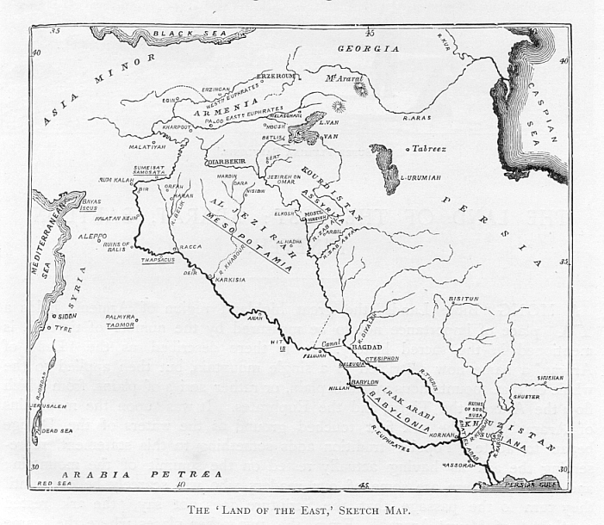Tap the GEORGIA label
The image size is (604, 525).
pyautogui.click(x=368, y=49)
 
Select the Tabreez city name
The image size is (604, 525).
pyautogui.click(x=429, y=148)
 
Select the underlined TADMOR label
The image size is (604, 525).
pyautogui.click(x=120, y=325)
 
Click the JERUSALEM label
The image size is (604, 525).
pyautogui.click(x=47, y=405)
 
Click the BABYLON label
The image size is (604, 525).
pyautogui.click(x=364, y=381)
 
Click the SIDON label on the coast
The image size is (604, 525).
pyautogui.click(x=68, y=316)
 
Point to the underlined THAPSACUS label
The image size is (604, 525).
pyautogui.click(x=158, y=258)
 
